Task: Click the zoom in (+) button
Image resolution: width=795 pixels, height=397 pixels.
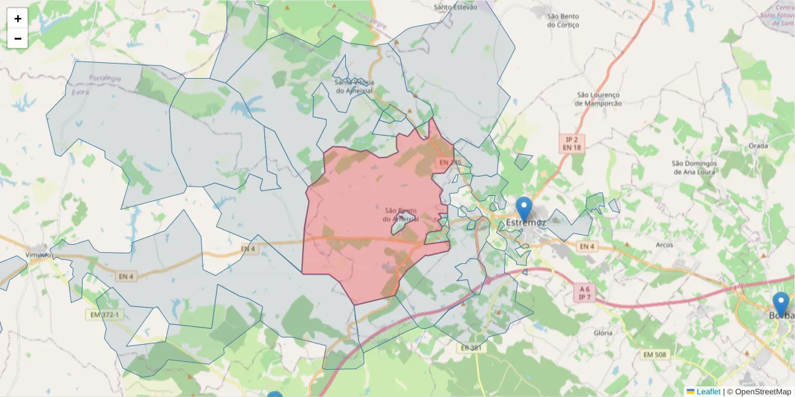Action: coord(18,19)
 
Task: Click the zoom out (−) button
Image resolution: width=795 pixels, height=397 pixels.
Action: coord(18,38)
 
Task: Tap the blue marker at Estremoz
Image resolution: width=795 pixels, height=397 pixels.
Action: coord(524,208)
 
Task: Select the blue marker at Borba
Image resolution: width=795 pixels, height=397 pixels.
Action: coord(781,304)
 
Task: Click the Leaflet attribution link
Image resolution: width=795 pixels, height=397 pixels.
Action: coord(708,392)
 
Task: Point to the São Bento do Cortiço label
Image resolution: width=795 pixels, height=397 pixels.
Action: coord(563,20)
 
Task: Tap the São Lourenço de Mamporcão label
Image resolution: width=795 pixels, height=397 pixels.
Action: coord(598,99)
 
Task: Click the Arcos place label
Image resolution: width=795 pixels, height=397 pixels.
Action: coord(663,245)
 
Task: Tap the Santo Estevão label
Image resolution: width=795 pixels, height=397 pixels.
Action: coord(455,7)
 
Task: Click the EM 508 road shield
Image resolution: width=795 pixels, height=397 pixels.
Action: coord(655,355)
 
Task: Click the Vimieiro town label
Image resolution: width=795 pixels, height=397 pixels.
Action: coord(38,255)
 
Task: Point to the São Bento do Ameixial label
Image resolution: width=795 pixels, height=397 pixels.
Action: coord(400,214)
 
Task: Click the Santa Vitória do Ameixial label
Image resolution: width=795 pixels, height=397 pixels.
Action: coord(354,86)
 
